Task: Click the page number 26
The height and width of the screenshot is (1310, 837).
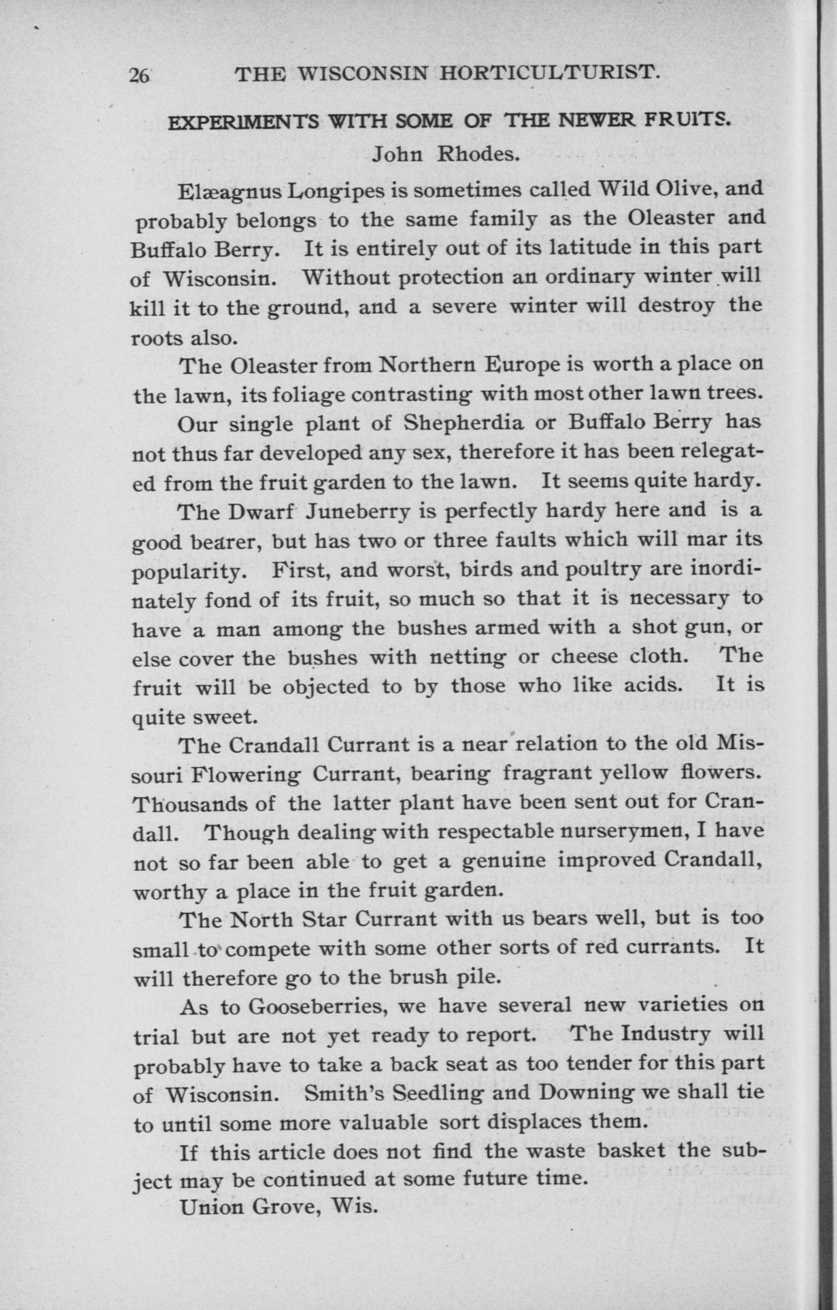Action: tap(139, 75)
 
